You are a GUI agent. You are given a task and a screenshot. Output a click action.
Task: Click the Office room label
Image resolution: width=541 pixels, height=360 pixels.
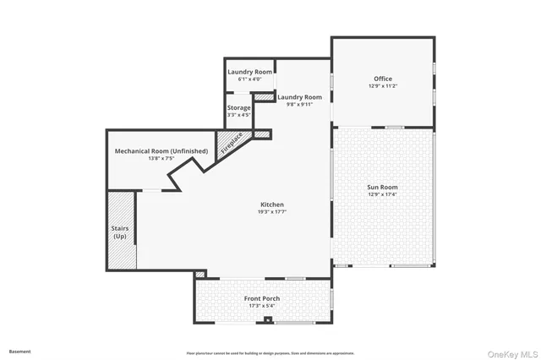click(383, 79)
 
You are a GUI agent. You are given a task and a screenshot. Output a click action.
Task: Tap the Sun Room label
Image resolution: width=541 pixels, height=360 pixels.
click(383, 187)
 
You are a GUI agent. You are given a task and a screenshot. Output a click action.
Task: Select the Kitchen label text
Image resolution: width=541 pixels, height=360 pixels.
click(271, 205)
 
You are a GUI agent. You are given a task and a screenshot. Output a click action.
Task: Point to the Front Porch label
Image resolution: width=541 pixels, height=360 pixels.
click(262, 299)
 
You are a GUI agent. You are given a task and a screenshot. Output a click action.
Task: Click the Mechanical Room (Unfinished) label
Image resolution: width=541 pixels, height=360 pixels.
click(161, 151)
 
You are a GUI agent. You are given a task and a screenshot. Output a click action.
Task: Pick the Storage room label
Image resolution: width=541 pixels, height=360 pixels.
click(238, 108)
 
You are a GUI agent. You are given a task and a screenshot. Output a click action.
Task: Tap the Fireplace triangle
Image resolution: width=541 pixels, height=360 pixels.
click(231, 143)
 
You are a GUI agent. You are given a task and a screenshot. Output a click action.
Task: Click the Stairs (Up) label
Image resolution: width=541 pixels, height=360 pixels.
click(120, 232)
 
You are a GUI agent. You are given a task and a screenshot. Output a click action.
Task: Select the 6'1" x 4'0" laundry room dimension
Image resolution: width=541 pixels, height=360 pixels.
click(249, 79)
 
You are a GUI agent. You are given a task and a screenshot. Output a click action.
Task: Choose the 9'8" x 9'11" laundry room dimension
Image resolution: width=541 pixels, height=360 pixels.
click(300, 104)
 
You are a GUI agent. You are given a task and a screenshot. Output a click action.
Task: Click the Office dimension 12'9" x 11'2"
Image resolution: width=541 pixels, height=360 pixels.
click(383, 86)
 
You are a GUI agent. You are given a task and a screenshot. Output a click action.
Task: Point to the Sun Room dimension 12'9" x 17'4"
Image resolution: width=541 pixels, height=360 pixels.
click(383, 194)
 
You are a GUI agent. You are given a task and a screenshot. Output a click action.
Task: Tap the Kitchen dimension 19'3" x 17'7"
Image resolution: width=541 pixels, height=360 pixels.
click(271, 212)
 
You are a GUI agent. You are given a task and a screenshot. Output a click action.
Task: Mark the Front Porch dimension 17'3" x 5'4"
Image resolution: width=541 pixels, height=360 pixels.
click(262, 306)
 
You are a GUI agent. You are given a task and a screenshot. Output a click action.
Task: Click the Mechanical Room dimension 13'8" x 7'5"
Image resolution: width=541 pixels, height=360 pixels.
click(161, 159)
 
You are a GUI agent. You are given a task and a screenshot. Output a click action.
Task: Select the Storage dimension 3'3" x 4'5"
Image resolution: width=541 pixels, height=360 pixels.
click(238, 115)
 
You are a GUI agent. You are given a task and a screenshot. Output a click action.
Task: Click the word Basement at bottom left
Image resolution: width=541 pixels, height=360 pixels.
click(19, 351)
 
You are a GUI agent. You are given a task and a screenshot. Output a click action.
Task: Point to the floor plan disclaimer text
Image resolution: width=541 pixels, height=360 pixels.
click(270, 352)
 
